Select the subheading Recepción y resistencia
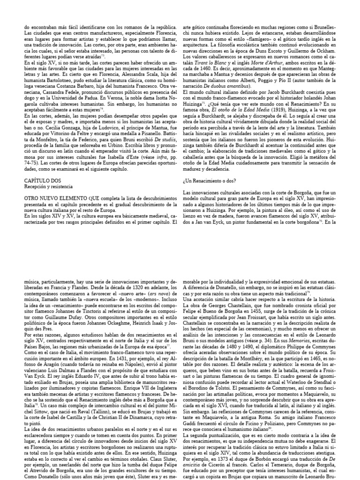coord(44,173)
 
